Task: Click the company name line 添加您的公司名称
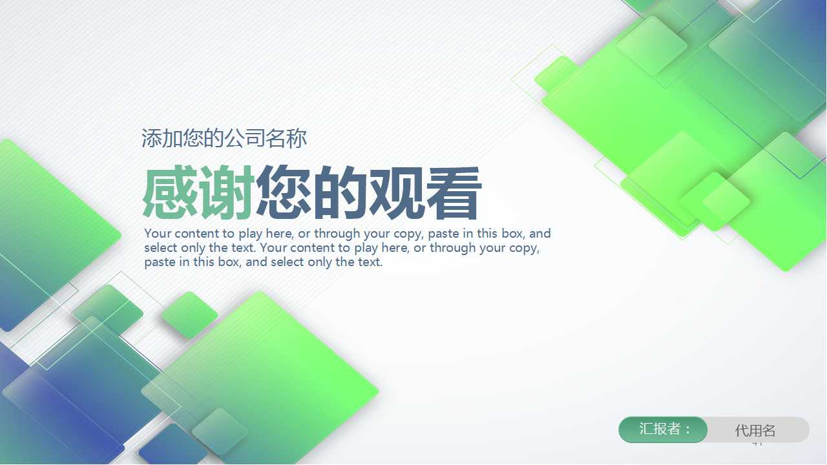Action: (x=224, y=138)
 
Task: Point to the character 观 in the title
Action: (x=397, y=193)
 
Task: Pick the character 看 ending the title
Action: (x=454, y=193)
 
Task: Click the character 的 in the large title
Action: (x=340, y=193)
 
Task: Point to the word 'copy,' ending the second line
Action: (x=523, y=248)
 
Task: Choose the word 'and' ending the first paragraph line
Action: (x=540, y=234)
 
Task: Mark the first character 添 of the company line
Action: (x=152, y=138)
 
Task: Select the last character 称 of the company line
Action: (x=297, y=138)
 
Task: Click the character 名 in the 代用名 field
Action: (x=768, y=431)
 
